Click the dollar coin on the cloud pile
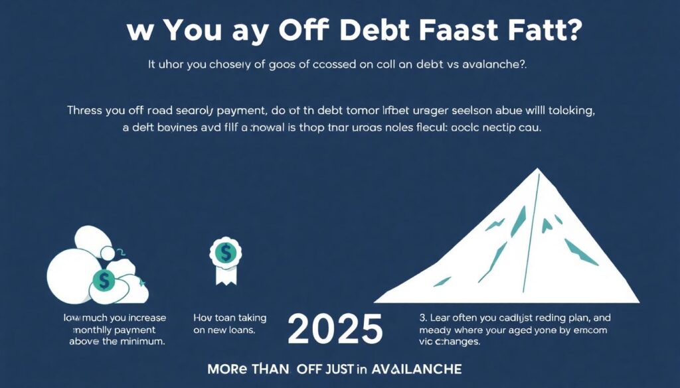(x=103, y=281)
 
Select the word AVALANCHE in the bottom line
(x=416, y=369)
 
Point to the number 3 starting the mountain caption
(x=422, y=318)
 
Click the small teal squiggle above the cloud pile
(x=122, y=251)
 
